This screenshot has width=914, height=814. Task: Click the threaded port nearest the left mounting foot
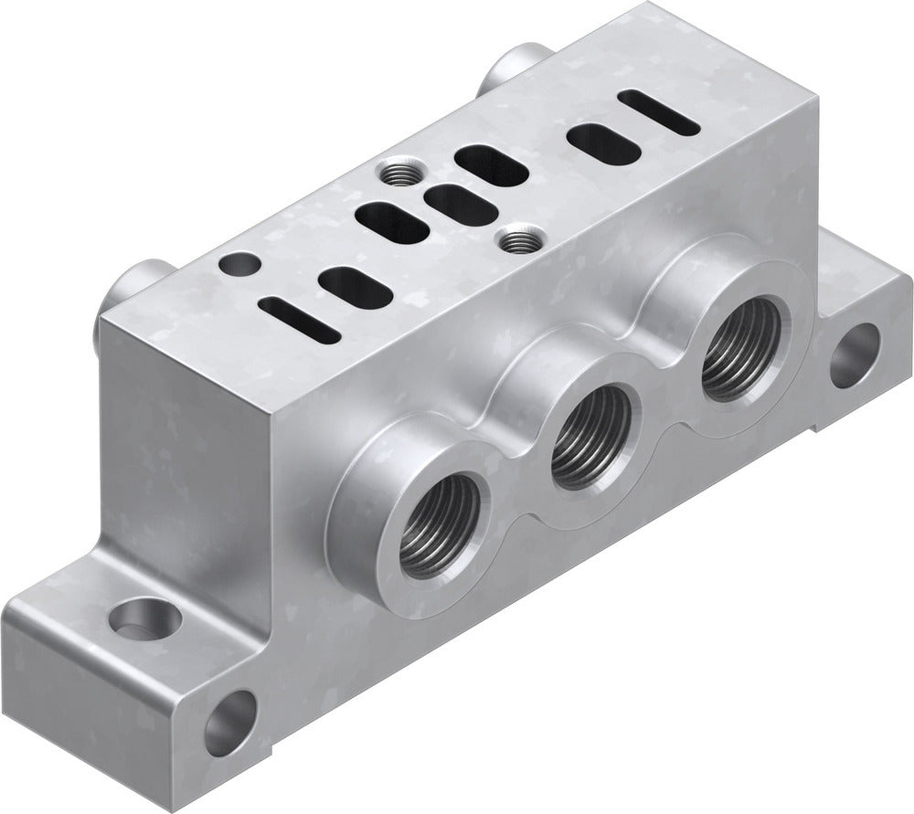(441, 524)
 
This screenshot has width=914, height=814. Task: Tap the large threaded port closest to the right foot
(741, 348)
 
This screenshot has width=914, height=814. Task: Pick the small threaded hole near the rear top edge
(394, 170)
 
